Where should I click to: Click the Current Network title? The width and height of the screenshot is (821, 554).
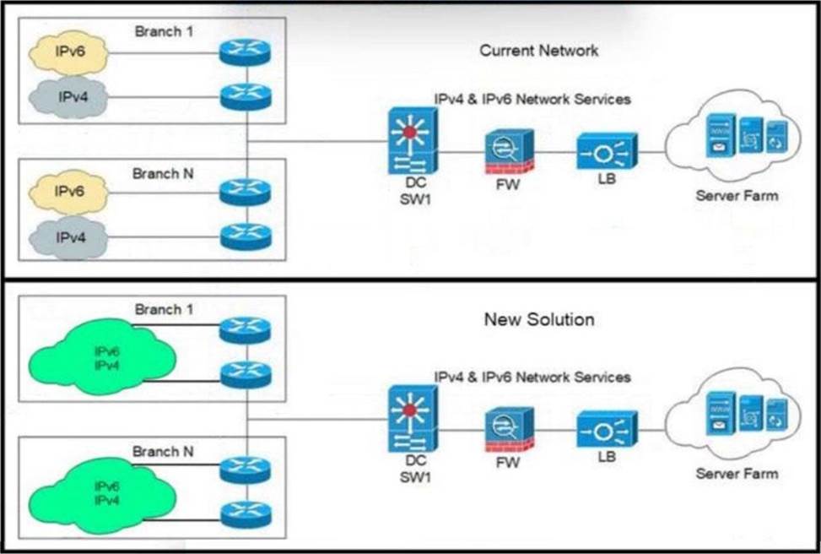[x=538, y=51]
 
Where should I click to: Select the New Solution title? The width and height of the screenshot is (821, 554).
[x=538, y=320]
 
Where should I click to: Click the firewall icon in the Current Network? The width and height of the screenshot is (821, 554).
[x=508, y=153]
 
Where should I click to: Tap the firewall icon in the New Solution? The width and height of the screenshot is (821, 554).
[x=508, y=430]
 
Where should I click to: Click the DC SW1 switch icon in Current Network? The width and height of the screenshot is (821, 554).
[x=413, y=140]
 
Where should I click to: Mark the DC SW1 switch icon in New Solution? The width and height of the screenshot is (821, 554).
[x=413, y=416]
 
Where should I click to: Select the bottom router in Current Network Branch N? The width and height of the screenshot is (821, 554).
[x=246, y=236]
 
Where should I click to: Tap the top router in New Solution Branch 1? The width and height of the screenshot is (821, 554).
[x=246, y=330]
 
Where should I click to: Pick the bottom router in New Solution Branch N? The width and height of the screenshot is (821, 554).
[x=246, y=514]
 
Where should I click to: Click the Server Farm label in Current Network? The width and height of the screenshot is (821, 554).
[x=737, y=196]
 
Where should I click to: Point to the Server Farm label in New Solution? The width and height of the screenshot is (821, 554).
[x=737, y=473]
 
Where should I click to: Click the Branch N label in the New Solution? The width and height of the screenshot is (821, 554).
[x=163, y=452]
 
